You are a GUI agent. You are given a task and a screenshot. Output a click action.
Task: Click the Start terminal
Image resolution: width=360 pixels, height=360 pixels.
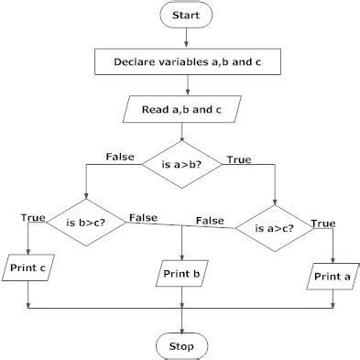point(186,16)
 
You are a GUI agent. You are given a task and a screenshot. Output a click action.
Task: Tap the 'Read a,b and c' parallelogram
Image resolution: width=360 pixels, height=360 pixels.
point(186,109)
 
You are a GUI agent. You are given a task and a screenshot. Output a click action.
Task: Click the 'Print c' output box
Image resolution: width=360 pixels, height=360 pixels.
point(28,268)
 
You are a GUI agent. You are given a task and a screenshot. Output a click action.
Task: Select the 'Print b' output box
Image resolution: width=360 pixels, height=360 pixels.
point(182,273)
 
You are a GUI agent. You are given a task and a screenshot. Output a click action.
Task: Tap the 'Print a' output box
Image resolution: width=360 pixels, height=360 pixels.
point(332,276)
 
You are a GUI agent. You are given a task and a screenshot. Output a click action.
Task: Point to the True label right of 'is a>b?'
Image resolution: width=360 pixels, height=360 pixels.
point(239,159)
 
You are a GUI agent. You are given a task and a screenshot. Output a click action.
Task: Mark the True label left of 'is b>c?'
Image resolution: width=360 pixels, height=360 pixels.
point(33,216)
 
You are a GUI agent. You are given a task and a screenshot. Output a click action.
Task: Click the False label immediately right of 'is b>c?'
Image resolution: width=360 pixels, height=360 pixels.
point(143,217)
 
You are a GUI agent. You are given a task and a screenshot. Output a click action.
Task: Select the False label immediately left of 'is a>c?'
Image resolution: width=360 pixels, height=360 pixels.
point(211,221)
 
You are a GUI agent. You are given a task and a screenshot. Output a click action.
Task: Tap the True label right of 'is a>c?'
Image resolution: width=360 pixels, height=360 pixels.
point(322,223)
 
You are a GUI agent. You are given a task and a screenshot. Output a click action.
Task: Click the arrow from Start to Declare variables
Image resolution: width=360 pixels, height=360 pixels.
point(186,37)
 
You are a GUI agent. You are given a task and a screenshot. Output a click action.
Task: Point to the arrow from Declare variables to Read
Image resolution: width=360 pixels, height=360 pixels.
point(186,85)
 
